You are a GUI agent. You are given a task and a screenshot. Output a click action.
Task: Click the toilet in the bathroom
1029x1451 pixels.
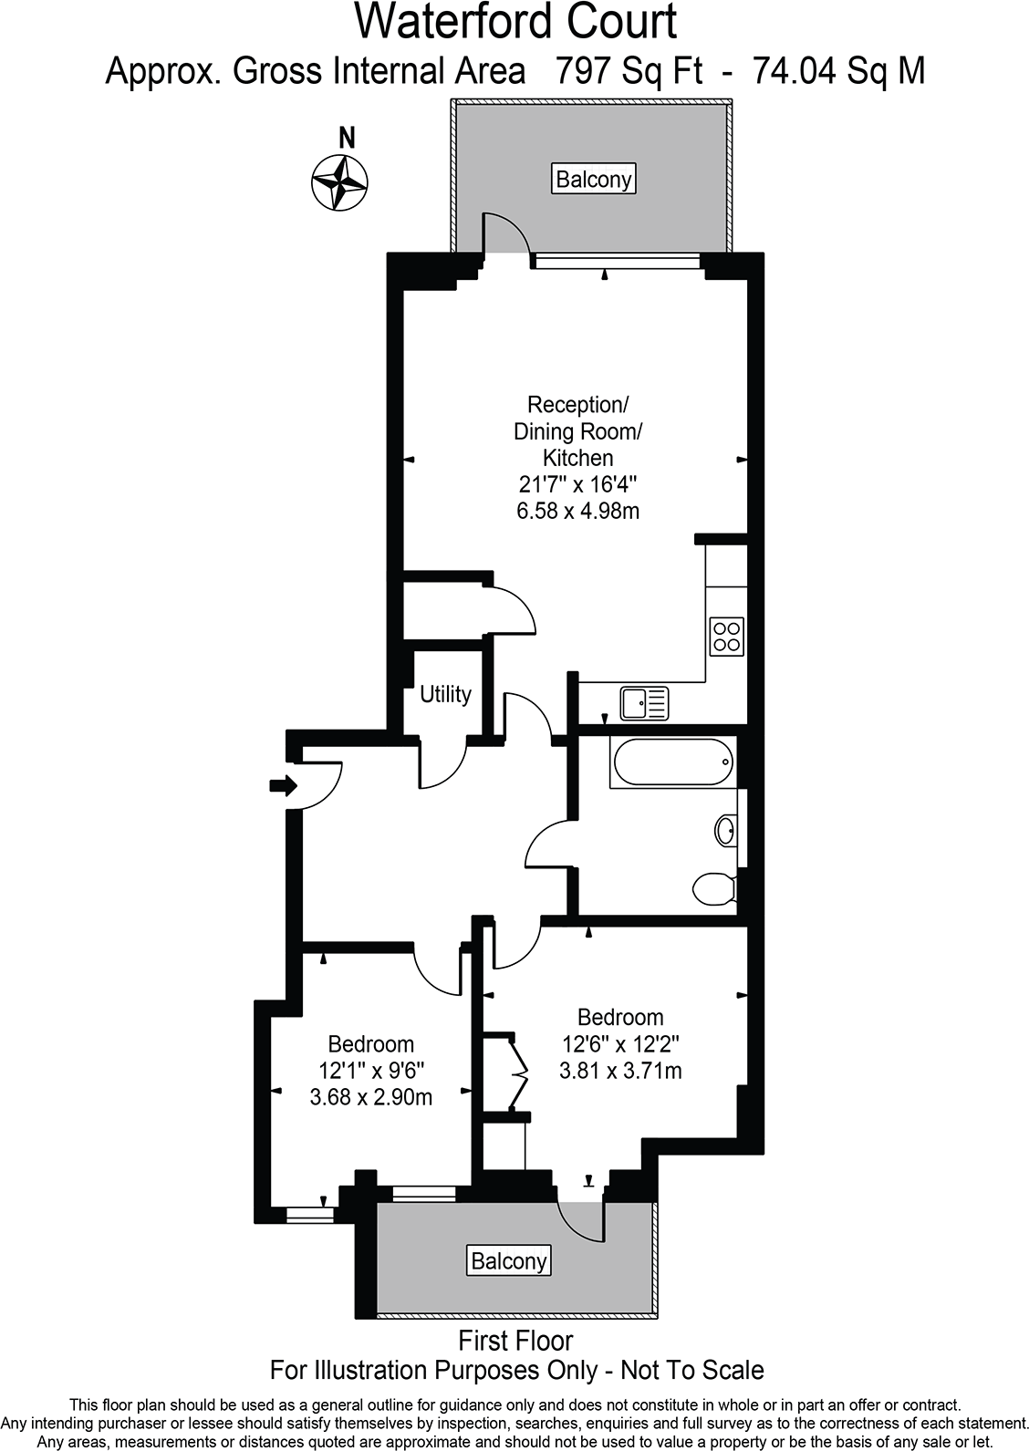tap(714, 888)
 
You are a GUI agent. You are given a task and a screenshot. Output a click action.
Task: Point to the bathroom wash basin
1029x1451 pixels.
tap(725, 832)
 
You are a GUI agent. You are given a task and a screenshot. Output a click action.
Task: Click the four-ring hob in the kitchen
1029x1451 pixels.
tap(727, 636)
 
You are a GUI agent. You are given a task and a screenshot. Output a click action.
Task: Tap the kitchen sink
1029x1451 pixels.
tap(644, 703)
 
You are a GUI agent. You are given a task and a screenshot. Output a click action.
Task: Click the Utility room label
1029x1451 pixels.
tap(445, 694)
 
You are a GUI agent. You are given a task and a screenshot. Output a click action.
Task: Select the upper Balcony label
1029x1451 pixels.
tap(594, 179)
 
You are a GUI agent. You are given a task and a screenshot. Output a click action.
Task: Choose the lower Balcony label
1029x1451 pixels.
tap(509, 1261)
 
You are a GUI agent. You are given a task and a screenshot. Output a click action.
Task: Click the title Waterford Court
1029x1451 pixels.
tap(515, 22)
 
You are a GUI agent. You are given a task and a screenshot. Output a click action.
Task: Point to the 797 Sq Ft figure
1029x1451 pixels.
tap(629, 70)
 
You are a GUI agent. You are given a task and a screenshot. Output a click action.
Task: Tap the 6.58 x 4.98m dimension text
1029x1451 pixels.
tap(577, 511)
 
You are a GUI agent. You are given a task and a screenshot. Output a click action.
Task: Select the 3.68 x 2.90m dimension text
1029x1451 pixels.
tap(371, 1097)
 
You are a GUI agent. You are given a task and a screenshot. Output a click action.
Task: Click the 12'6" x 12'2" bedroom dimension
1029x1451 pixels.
tap(620, 1043)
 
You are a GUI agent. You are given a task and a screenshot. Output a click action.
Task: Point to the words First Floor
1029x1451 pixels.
tap(516, 1341)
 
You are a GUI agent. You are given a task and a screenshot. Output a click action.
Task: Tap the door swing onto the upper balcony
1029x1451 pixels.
tap(504, 233)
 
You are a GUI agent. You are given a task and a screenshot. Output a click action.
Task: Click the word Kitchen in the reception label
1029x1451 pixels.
tap(578, 458)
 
